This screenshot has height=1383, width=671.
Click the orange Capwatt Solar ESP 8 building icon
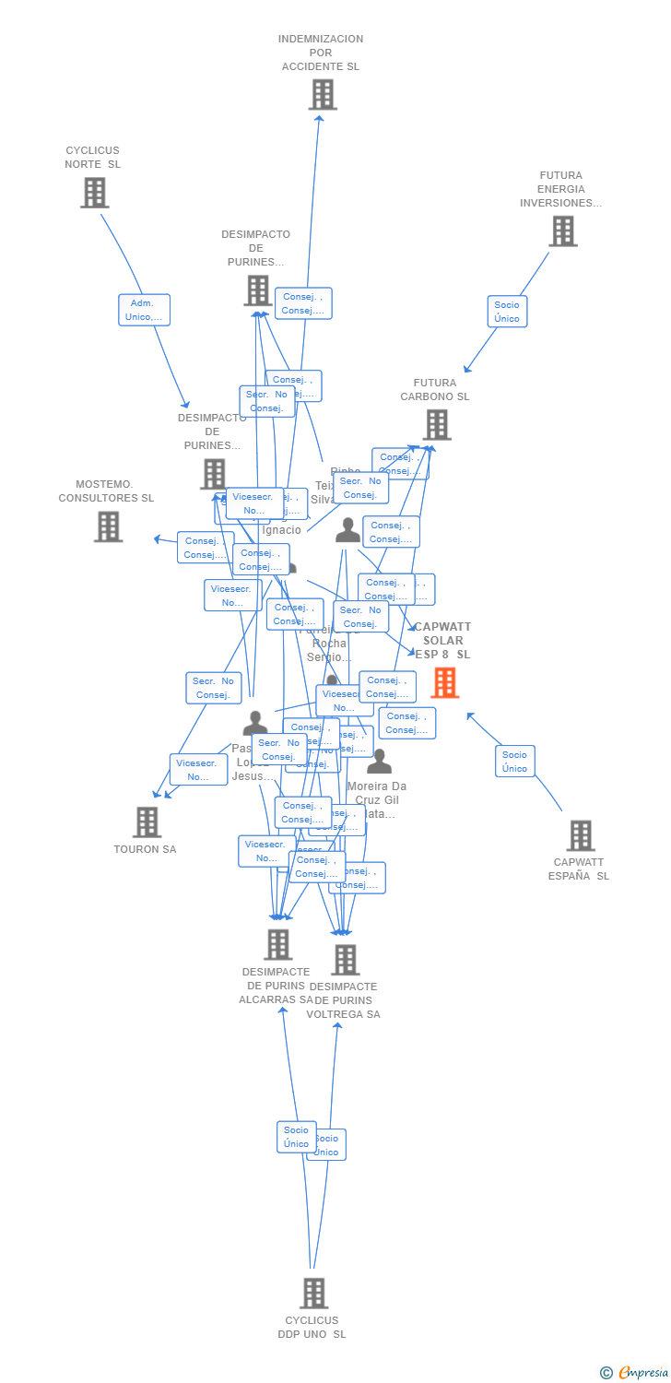point(444,682)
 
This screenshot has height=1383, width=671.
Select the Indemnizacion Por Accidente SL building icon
point(323,94)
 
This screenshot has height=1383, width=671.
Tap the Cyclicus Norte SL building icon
point(94,193)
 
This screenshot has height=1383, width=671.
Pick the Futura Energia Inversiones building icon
point(562,231)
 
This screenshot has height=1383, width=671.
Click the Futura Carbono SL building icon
point(436,425)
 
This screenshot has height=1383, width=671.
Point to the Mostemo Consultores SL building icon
point(108,526)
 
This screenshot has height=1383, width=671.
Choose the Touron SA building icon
point(147,822)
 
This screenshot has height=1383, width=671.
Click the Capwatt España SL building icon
point(580,835)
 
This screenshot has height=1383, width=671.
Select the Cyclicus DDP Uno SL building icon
point(313,1294)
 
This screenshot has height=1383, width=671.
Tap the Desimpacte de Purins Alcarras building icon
point(277,944)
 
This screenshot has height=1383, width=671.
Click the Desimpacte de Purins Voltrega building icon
point(345,960)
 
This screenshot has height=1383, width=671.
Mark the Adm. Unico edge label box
point(144,310)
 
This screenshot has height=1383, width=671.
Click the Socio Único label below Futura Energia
point(507,312)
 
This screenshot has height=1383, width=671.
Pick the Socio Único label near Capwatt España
point(514,762)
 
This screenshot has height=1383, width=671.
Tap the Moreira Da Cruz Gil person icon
point(379,762)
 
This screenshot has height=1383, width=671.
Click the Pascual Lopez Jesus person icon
point(254,723)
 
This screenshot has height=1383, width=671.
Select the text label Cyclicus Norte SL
point(92,158)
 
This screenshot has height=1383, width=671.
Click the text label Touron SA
point(145,849)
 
